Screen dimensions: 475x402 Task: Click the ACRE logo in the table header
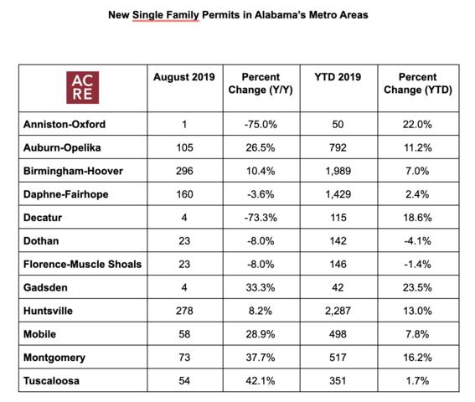click(83, 88)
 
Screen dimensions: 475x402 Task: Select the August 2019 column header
click(184, 77)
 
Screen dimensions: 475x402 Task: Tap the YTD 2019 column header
click(338, 77)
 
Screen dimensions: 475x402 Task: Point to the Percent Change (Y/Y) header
click(261, 83)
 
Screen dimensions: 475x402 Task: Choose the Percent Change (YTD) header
click(418, 83)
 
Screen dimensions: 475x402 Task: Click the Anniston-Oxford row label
click(65, 124)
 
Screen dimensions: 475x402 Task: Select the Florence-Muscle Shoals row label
click(82, 264)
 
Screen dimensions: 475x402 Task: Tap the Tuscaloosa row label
click(51, 381)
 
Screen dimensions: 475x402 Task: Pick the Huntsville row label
click(48, 311)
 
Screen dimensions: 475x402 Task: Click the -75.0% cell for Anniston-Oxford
click(261, 124)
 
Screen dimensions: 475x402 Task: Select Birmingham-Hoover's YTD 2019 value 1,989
click(338, 171)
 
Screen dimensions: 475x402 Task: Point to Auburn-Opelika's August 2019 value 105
click(184, 148)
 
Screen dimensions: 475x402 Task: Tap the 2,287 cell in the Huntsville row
click(338, 311)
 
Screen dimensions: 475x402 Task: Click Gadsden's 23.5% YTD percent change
click(417, 287)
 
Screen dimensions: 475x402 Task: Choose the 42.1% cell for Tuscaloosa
click(261, 381)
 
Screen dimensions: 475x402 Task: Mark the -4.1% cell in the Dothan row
click(417, 241)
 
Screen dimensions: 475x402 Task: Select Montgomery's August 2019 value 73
click(184, 358)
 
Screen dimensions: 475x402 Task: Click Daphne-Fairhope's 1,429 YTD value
click(338, 194)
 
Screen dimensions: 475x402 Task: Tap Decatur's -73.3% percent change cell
click(261, 218)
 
